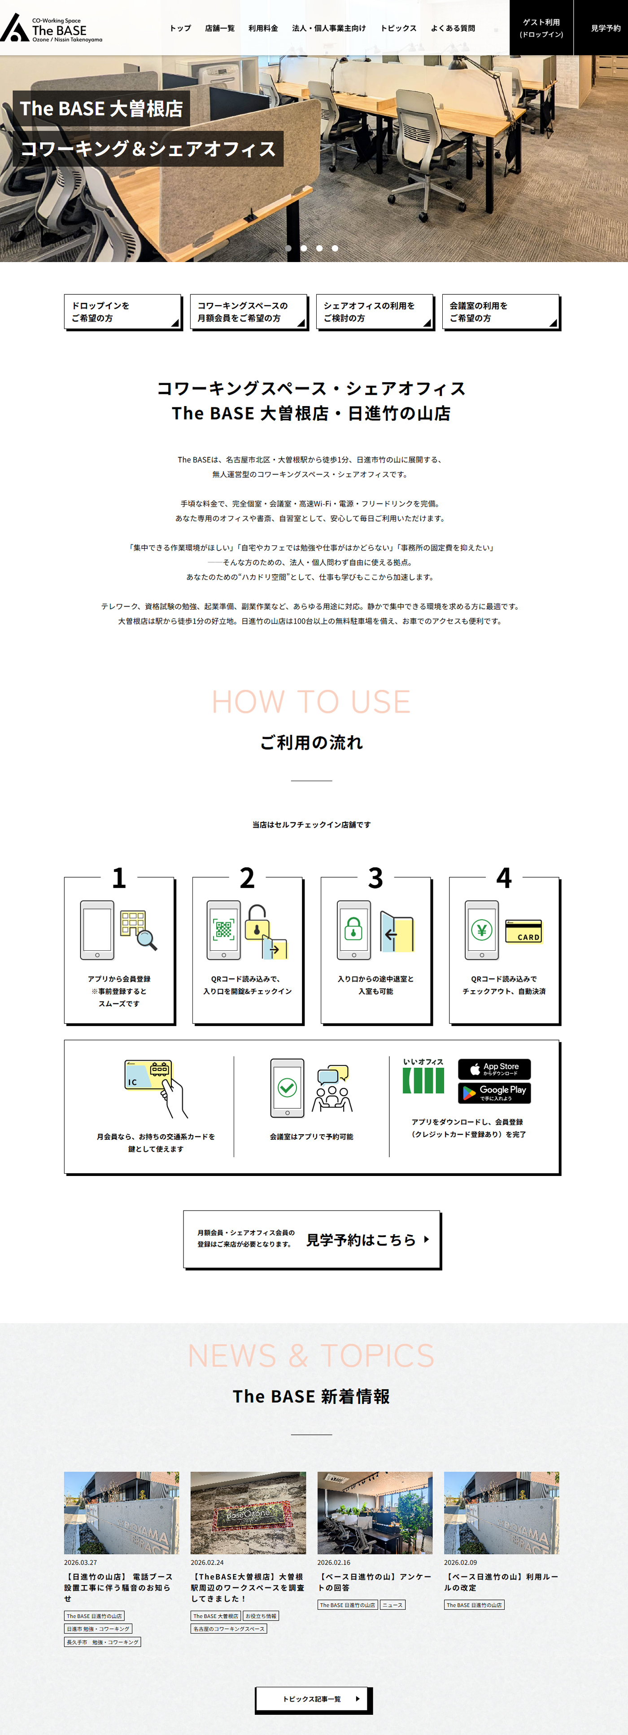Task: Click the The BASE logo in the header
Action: tap(51, 28)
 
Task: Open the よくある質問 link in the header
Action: tap(453, 28)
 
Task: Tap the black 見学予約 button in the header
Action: tap(605, 28)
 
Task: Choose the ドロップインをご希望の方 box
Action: tap(122, 312)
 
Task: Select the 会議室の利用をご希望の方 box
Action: tap(501, 312)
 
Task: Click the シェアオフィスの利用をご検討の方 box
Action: tap(375, 312)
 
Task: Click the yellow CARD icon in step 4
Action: tap(523, 931)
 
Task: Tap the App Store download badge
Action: tap(494, 1069)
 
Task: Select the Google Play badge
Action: tap(494, 1093)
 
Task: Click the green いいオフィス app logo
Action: tap(423, 1076)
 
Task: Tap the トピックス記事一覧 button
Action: tap(314, 1699)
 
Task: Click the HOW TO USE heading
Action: tap(311, 702)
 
